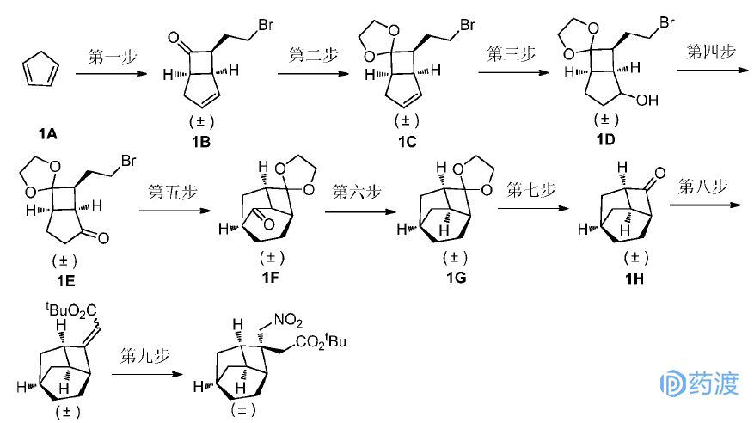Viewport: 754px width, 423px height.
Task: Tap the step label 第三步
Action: pyautogui.click(x=511, y=55)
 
